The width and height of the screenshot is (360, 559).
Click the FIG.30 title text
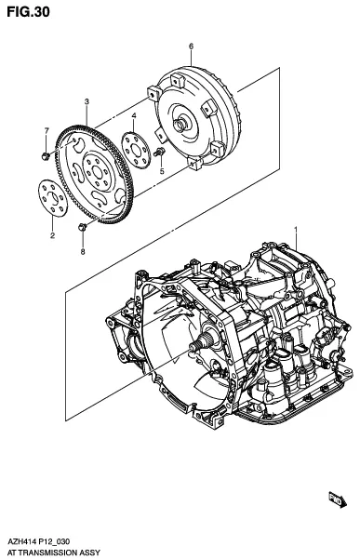tap(28, 12)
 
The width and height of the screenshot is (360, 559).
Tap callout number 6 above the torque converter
tap(191, 46)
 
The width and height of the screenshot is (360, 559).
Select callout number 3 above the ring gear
tap(87, 101)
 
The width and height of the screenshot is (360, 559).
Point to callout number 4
tap(134, 115)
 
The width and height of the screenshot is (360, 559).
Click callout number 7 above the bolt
tap(47, 130)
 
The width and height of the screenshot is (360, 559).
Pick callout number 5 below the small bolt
tap(162, 171)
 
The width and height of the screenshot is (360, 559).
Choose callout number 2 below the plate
tap(52, 235)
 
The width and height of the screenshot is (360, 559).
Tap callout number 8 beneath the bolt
tap(83, 252)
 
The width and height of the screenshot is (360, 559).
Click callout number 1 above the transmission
tap(295, 229)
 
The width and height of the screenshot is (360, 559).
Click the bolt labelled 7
tap(46, 156)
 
